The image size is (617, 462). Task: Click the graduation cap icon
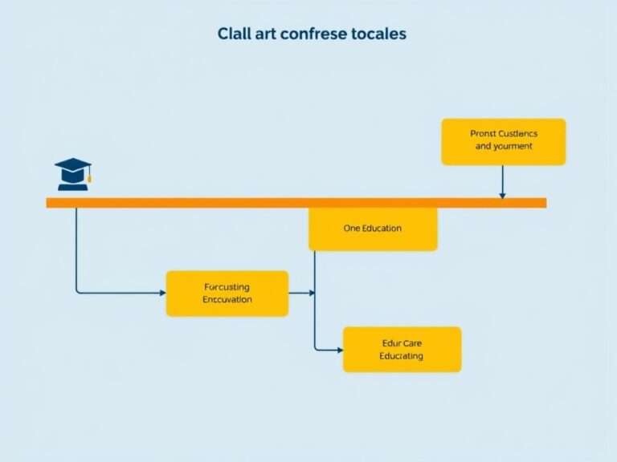pyautogui.click(x=72, y=173)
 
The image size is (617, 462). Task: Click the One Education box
pyautogui.click(x=373, y=229)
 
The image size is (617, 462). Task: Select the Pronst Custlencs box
pyautogui.click(x=504, y=141)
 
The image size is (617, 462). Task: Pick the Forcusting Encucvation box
pyautogui.click(x=227, y=293)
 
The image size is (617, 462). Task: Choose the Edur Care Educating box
pyautogui.click(x=402, y=349)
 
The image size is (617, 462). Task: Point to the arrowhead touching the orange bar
pyautogui.click(x=502, y=194)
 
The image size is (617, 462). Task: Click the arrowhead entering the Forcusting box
pyautogui.click(x=161, y=293)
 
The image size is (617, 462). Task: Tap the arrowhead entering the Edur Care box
pyautogui.click(x=339, y=349)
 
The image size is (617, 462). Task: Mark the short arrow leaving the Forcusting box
pyautogui.click(x=301, y=293)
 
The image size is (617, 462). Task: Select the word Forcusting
pyautogui.click(x=227, y=286)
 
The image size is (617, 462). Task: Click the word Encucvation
pyautogui.click(x=227, y=300)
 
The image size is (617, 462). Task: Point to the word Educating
pyautogui.click(x=402, y=356)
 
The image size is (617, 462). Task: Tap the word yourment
pyautogui.click(x=513, y=147)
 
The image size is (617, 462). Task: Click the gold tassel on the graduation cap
pyautogui.click(x=89, y=176)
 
